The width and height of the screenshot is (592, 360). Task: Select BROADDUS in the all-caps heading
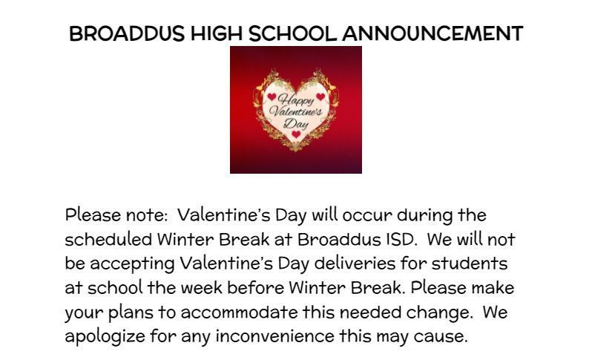coord(126,33)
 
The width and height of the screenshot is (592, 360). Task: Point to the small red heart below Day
coord(296,135)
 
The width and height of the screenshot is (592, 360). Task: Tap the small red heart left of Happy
coord(272,96)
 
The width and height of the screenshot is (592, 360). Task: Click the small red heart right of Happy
coord(320,96)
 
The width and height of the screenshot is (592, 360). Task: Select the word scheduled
coord(108,240)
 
